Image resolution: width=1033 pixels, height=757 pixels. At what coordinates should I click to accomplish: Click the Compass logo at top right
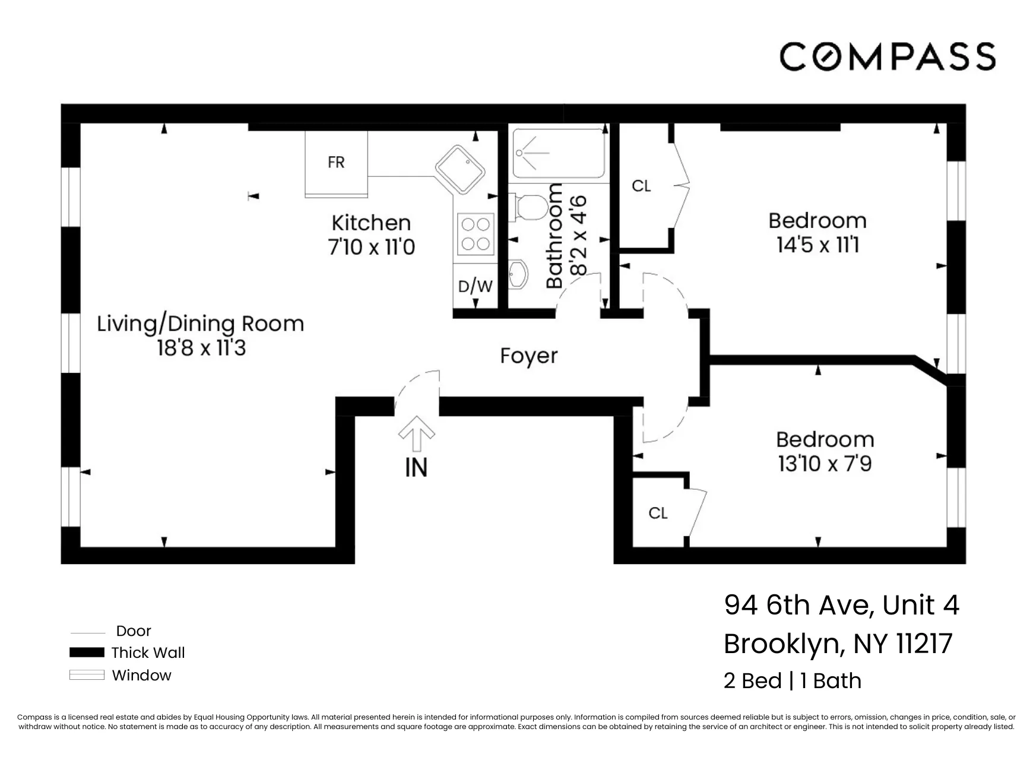click(887, 57)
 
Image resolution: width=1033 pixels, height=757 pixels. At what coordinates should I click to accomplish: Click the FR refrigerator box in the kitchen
click(336, 163)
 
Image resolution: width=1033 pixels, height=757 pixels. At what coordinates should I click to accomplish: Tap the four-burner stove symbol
click(476, 234)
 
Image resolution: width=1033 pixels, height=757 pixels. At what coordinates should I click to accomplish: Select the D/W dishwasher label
click(475, 286)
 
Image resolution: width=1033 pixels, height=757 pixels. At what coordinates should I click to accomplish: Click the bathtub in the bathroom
click(558, 154)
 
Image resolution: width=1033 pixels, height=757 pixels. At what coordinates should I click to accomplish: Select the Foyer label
click(528, 356)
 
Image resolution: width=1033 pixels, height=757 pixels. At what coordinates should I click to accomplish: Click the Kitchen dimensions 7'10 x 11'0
click(372, 247)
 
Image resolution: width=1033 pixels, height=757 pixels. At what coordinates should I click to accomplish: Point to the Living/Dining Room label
click(201, 324)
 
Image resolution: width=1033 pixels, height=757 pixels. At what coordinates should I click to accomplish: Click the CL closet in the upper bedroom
click(641, 186)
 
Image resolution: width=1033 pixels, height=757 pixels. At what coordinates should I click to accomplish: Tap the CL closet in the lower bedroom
click(658, 513)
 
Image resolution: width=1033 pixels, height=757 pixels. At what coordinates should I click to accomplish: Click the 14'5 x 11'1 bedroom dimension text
click(817, 245)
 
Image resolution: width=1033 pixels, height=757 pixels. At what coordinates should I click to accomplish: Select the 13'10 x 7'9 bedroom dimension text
click(825, 464)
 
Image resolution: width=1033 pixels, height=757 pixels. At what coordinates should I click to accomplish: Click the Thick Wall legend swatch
click(87, 653)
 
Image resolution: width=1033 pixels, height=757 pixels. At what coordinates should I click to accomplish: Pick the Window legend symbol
click(87, 675)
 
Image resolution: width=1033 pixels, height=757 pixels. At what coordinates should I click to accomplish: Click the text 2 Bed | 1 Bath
click(792, 680)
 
